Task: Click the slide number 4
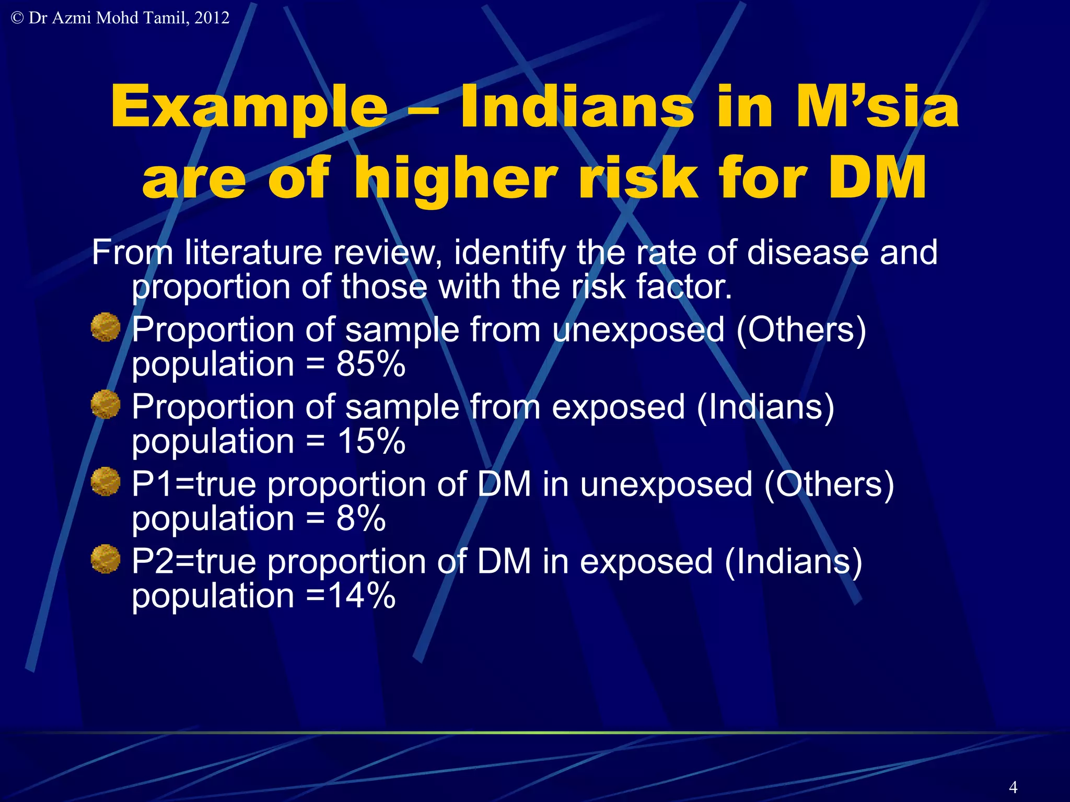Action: coord(1013,787)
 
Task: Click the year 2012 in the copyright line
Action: coord(212,18)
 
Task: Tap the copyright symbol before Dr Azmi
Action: coord(17,18)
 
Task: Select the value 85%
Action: coord(371,364)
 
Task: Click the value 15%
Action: coord(371,441)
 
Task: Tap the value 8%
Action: coord(361,518)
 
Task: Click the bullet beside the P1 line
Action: coord(106,481)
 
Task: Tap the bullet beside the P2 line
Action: coord(106,559)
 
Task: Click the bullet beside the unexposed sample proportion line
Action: coord(106,327)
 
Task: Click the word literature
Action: coord(253,253)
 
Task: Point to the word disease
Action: coord(808,253)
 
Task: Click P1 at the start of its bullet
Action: coord(152,484)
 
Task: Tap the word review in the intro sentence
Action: coord(387,253)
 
